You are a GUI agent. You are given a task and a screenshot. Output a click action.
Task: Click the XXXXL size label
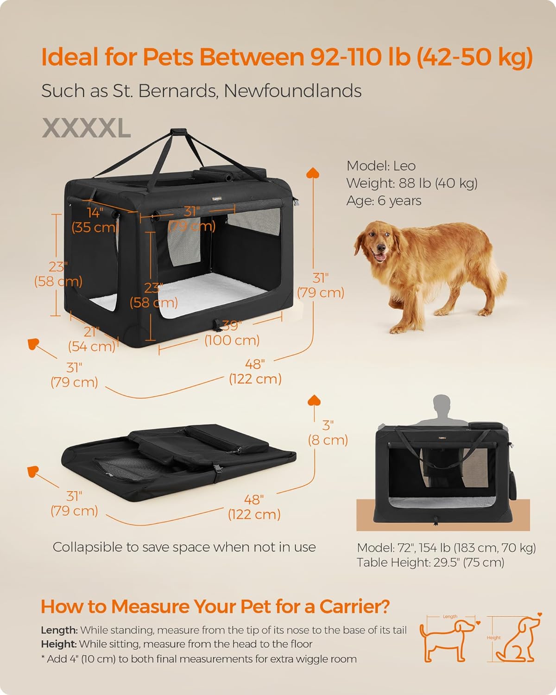(86, 129)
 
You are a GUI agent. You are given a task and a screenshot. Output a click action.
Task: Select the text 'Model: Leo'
(381, 166)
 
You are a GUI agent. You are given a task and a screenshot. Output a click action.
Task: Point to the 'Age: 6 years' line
(384, 201)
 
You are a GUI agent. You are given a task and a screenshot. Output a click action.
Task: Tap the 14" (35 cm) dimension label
(95, 220)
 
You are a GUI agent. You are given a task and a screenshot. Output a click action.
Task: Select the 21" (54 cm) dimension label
(91, 339)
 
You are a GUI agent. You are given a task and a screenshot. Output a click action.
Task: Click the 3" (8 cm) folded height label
(328, 432)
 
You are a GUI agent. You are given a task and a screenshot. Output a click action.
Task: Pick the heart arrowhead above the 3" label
(314, 400)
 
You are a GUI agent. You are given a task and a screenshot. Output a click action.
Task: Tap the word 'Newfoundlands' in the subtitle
(292, 91)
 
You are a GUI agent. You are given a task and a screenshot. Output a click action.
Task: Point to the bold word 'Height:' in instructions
(58, 644)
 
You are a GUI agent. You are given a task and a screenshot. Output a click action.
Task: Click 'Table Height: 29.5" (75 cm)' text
(430, 562)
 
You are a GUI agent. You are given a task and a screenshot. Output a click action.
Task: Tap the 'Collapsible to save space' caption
(184, 547)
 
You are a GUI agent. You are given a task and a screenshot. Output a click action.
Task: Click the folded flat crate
(178, 456)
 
